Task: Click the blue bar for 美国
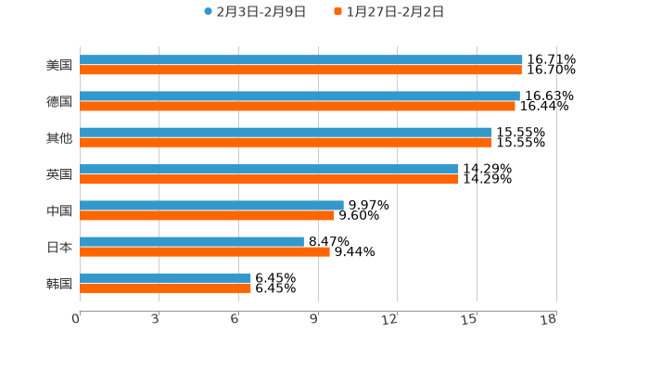301,59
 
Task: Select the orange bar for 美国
300,70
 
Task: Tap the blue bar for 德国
299,96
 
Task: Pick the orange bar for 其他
286,142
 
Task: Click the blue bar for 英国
269,169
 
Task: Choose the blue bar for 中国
211,205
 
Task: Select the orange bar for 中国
207,215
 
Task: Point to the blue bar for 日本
192,241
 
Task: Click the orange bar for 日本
205,251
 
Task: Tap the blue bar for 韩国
165,277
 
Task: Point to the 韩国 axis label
59,283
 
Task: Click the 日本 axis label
59,247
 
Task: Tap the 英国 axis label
59,174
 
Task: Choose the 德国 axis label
59,101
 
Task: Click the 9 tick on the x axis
314,320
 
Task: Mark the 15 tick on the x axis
471,320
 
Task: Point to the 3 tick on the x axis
155,320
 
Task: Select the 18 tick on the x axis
550,320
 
